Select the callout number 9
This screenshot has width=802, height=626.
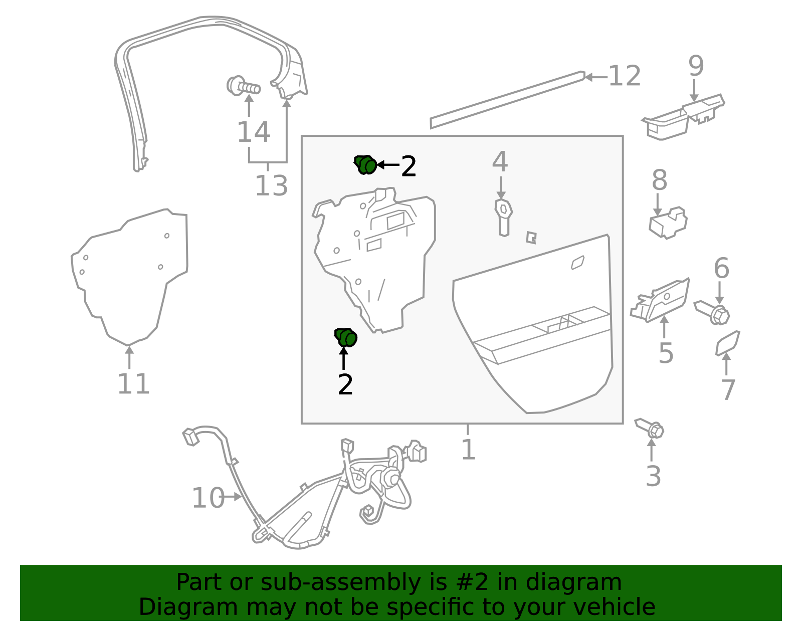pos(696,66)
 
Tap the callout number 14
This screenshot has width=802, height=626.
pos(254,132)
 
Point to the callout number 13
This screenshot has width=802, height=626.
pos(271,185)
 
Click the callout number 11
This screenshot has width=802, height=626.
pos(133,384)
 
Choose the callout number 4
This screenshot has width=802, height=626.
pos(500,161)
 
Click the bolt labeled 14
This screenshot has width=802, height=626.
pos(243,86)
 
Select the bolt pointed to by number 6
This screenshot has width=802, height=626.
pos(712,312)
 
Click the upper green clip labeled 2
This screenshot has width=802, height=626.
pos(365,165)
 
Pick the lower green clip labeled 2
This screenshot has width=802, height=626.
pos(345,337)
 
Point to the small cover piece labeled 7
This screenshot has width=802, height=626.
pos(727,343)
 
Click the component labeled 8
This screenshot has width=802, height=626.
pos(668,223)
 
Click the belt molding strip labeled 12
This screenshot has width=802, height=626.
pos(507,100)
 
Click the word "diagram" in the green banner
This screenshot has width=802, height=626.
pos(573,582)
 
